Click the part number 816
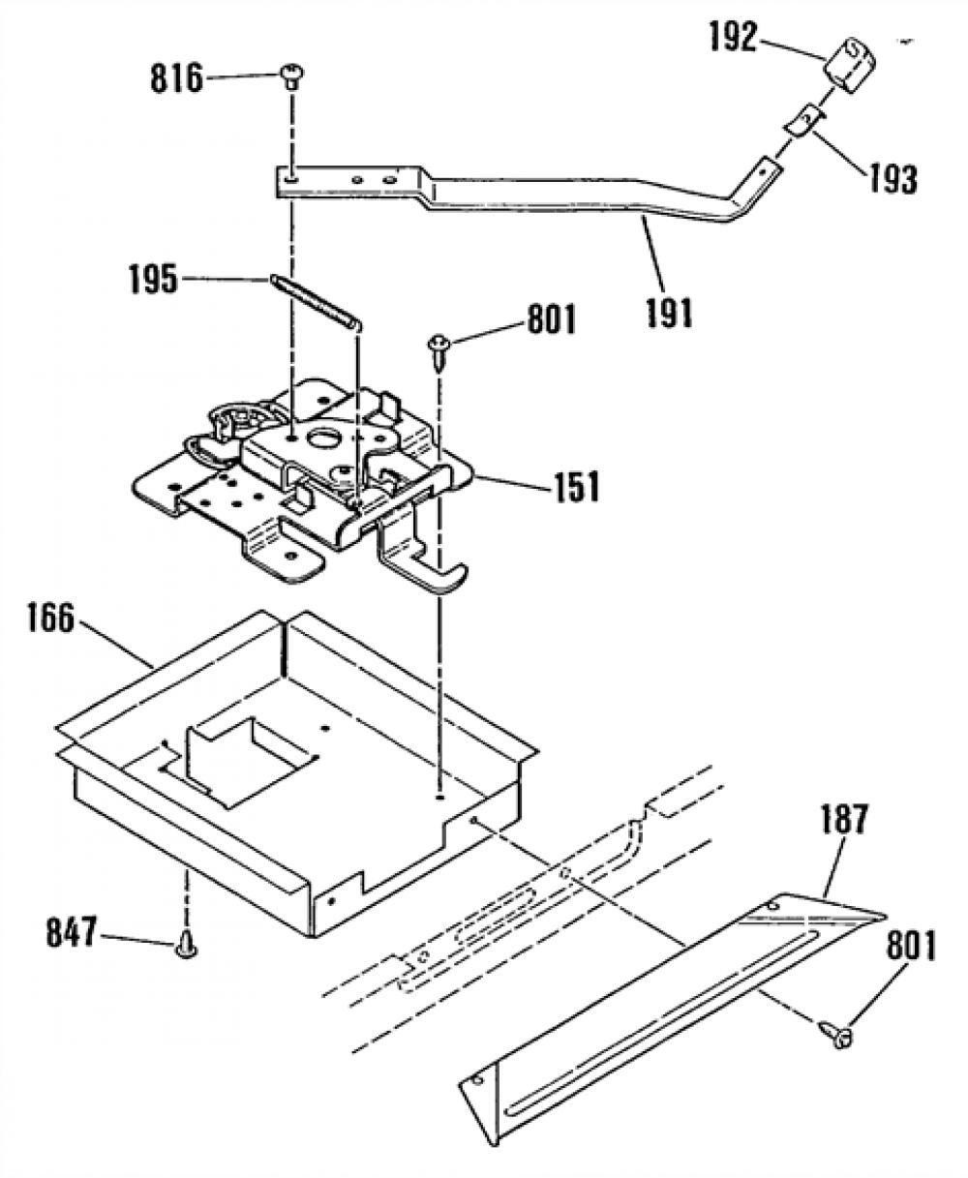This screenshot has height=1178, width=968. [176, 78]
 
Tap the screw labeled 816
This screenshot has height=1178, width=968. [290, 76]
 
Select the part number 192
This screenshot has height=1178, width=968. [733, 37]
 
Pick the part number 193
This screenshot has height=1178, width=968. [892, 178]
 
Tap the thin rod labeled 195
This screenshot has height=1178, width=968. [316, 303]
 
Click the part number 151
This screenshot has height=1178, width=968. [576, 487]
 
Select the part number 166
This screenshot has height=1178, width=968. [50, 618]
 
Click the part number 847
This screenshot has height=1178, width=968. [72, 933]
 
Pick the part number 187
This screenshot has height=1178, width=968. [843, 820]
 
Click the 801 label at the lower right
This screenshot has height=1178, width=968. [911, 946]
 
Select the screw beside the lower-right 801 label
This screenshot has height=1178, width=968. [836, 1034]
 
